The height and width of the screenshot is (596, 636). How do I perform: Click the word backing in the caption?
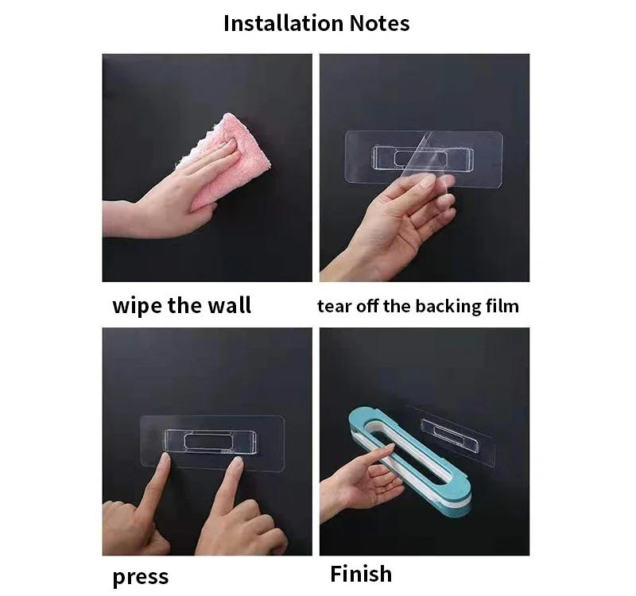[x=448, y=306]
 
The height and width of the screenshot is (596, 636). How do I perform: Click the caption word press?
[x=141, y=576]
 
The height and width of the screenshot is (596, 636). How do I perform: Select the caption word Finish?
[x=361, y=573]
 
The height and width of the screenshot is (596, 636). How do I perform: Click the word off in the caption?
[x=366, y=306]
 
